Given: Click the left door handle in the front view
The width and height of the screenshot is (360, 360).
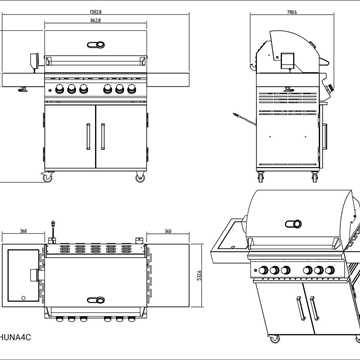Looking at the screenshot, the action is [x=88, y=135].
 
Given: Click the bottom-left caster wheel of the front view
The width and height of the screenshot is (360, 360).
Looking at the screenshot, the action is [x=46, y=178].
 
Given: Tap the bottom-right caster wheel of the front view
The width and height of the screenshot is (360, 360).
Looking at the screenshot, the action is [x=142, y=178].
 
